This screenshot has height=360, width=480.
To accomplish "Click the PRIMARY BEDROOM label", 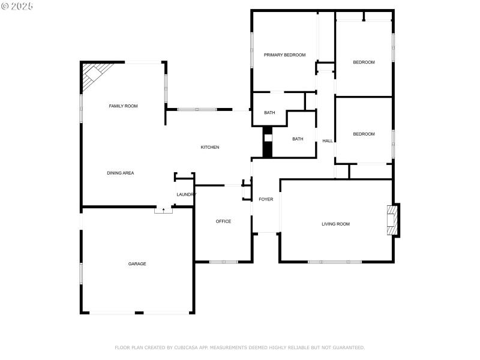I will (x=284, y=55).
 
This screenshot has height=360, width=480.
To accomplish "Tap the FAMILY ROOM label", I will (x=123, y=106).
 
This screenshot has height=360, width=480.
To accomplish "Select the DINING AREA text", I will (x=120, y=173).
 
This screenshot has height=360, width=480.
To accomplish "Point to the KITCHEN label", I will (x=209, y=147).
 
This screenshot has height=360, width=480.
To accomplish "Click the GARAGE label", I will (x=137, y=263).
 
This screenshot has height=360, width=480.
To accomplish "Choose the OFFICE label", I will (x=223, y=221).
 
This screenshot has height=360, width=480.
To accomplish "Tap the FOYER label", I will (x=266, y=199).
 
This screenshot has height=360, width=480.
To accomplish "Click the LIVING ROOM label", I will (x=335, y=224).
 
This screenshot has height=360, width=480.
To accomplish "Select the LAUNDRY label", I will (x=186, y=194).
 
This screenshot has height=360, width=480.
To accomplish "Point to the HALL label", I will (x=328, y=141).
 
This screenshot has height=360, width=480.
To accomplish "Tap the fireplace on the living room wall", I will (x=392, y=220).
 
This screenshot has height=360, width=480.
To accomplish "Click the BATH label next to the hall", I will (x=298, y=139).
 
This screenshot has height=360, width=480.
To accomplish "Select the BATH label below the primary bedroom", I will (x=269, y=112).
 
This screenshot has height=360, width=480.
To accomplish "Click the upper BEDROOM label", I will (x=364, y=62).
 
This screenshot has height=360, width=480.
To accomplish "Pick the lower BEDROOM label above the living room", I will (x=364, y=134).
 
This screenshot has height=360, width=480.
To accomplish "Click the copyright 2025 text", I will (x=17, y=5).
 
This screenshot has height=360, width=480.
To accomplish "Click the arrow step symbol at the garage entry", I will (x=163, y=209).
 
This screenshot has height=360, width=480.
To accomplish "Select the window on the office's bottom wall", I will (x=223, y=262).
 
